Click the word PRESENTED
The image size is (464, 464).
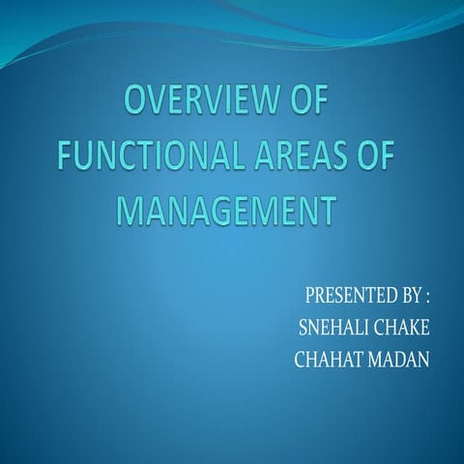pyautogui.click(x=345, y=294)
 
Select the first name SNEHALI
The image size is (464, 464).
pyautogui.click(x=335, y=327)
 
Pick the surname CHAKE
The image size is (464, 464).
pyautogui.click(x=402, y=327)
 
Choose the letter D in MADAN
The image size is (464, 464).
pyautogui.click(x=396, y=360)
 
